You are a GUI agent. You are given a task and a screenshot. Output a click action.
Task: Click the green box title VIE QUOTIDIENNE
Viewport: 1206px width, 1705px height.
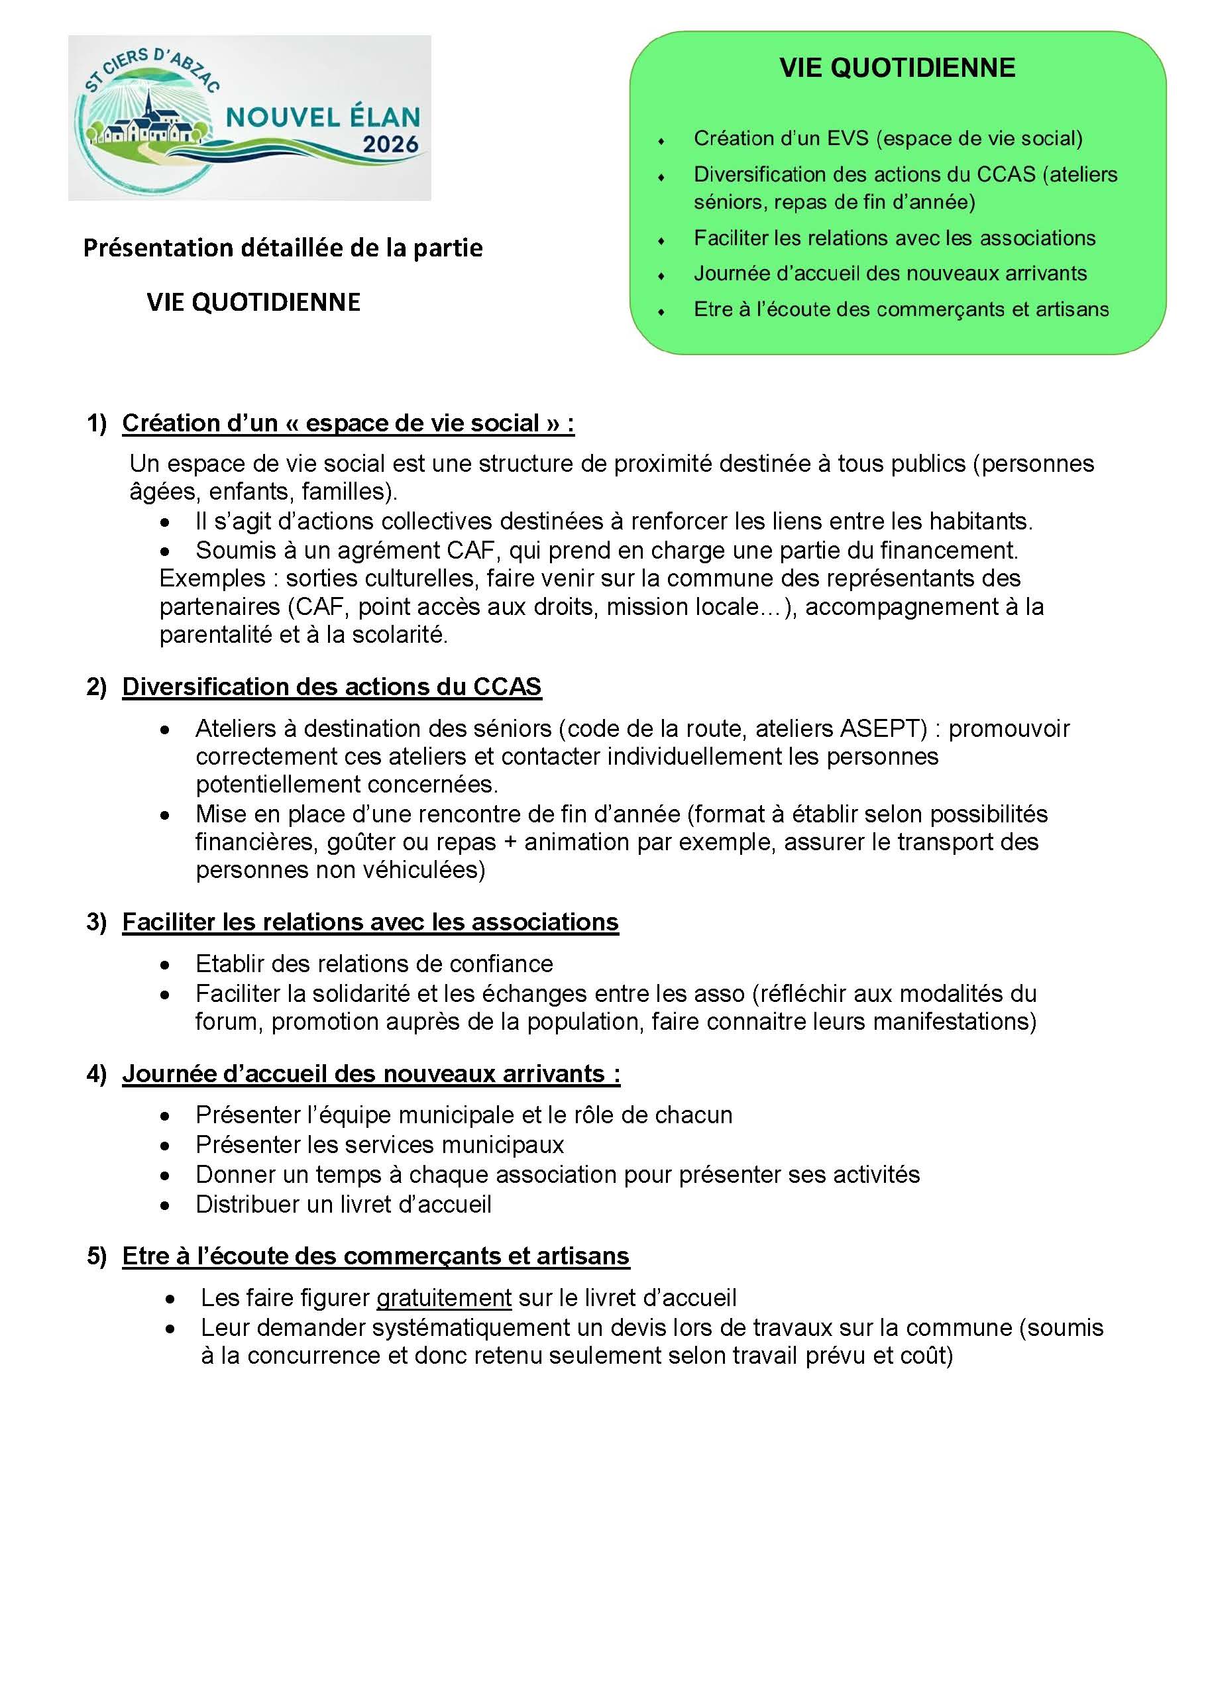[897, 68]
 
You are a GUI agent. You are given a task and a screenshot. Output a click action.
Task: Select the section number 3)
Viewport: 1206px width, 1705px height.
[97, 922]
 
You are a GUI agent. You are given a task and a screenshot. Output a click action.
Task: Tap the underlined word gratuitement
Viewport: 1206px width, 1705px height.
[443, 1297]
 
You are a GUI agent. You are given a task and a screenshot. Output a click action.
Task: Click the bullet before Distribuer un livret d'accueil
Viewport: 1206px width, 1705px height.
[165, 1205]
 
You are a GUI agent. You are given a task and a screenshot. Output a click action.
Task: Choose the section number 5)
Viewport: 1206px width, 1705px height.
[97, 1256]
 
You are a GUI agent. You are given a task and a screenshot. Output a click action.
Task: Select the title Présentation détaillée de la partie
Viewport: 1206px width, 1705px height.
[282, 247]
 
